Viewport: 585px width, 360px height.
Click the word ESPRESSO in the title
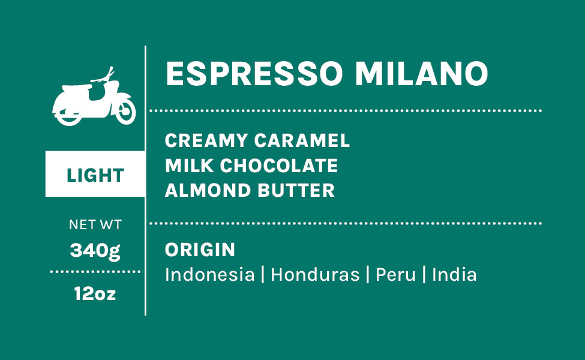click(254, 73)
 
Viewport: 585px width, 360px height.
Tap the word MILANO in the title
click(422, 73)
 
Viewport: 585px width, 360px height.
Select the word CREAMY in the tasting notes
click(206, 140)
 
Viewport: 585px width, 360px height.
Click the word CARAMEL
click(302, 140)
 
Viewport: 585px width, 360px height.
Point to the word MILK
click(190, 166)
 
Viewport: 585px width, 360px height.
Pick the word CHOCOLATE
click(278, 166)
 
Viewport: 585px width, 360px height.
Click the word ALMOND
click(208, 190)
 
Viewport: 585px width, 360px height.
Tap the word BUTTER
click(296, 190)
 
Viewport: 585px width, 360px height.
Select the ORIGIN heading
click(200, 250)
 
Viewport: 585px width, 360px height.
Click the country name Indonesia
click(209, 275)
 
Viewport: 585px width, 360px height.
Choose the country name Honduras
click(315, 275)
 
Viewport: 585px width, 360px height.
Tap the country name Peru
click(395, 275)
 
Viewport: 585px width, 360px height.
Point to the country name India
click(454, 275)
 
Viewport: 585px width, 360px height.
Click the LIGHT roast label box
click(95, 174)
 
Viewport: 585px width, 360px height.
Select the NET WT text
click(95, 224)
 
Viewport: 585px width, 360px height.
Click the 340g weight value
click(95, 251)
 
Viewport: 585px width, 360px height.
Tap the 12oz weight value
click(95, 293)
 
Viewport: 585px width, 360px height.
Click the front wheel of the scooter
click(125, 111)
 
